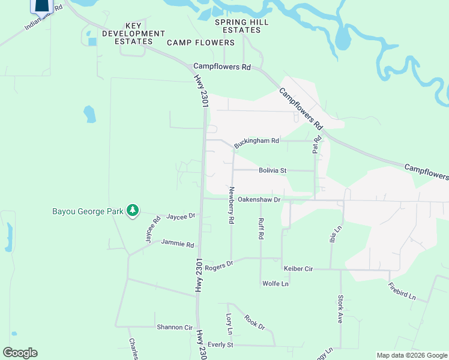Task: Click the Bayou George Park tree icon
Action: [x=133, y=211]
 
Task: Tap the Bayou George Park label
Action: [x=88, y=211]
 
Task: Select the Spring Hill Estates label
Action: [x=242, y=26]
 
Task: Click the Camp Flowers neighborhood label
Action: [x=200, y=43]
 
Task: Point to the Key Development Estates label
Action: [x=137, y=33]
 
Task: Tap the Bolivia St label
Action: [x=273, y=170]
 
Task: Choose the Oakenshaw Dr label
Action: [x=259, y=199]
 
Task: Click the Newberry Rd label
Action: [x=231, y=205]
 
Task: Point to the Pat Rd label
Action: [x=316, y=145]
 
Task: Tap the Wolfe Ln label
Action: [x=275, y=283]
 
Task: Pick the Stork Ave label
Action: [x=340, y=309]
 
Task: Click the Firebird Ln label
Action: [x=402, y=291]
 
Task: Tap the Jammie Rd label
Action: [x=178, y=244]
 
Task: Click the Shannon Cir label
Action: [x=174, y=328]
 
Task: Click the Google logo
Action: [x=20, y=353]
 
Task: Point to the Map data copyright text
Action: [x=411, y=355]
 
